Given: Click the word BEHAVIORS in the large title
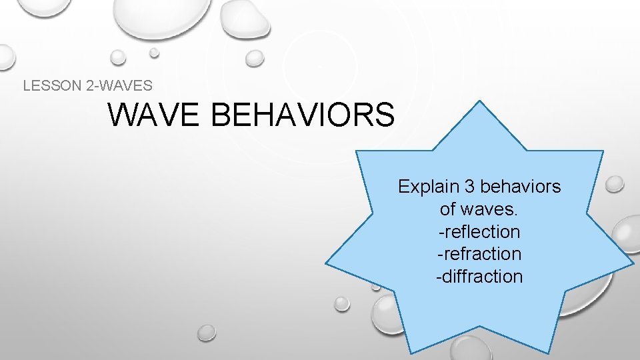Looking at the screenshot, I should tap(302, 115).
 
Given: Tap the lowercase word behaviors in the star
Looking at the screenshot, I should tap(521, 187).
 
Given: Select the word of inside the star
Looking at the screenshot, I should tap(448, 209).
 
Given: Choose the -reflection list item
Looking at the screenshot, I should tap(479, 232).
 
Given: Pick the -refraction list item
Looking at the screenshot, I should tap(479, 254).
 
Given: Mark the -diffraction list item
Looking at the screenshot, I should tap(479, 277).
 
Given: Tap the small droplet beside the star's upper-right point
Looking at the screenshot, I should tap(615, 183).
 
